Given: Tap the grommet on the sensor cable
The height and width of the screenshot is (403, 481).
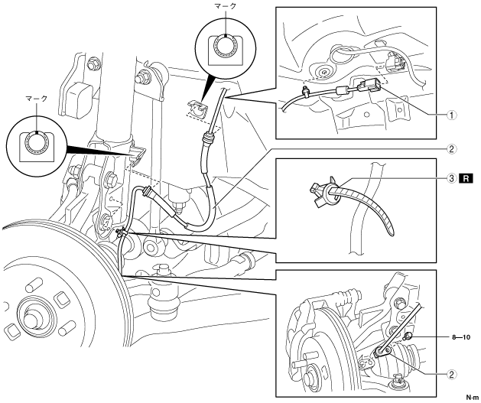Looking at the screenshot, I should click(x=206, y=140).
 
